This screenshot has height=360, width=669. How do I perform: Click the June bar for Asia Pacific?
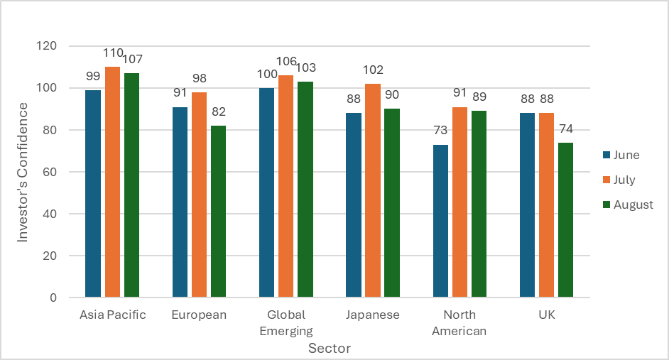click(x=93, y=193)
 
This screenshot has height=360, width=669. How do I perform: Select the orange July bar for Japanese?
click(x=373, y=190)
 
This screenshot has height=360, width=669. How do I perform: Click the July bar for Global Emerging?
click(x=285, y=186)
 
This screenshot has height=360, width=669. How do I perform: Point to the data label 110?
click(x=113, y=53)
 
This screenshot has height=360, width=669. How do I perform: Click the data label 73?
click(x=440, y=131)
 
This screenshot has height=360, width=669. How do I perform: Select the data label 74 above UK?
click(x=565, y=129)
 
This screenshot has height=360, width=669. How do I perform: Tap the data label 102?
click(x=373, y=70)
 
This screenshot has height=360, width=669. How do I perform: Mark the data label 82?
click(x=218, y=111)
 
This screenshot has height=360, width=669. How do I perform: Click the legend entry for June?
click(x=621, y=155)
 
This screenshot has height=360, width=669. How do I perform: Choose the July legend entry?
click(x=619, y=180)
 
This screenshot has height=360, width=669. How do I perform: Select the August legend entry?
click(x=628, y=204)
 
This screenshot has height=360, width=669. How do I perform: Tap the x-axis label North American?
click(x=459, y=322)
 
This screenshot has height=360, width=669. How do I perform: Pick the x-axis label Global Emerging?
click(x=285, y=322)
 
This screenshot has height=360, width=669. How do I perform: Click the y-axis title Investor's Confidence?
click(x=23, y=172)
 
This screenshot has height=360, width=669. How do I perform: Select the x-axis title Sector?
click(x=329, y=349)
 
